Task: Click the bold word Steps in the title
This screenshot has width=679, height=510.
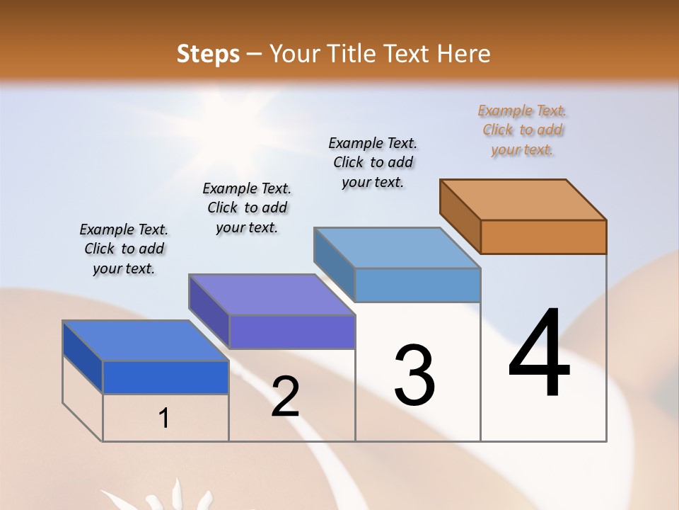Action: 208,54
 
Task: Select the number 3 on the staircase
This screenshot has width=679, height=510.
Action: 414,375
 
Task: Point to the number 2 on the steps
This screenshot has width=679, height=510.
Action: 285,397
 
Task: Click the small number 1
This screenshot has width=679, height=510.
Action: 164,418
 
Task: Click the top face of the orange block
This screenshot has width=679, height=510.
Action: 523,199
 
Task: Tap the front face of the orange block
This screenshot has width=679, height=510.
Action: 543,237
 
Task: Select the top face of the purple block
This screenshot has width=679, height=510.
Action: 272,294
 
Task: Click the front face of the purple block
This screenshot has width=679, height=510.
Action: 291,331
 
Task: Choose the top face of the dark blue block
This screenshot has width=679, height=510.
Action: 146,340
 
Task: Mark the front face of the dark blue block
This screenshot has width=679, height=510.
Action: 166,377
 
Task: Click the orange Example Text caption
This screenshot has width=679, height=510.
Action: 522,130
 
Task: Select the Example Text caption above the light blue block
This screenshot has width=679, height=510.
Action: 373,162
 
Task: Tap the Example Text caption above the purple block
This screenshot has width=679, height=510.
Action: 247,208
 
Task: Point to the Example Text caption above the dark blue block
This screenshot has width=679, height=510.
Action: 124,249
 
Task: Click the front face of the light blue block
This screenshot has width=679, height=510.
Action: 417,285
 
